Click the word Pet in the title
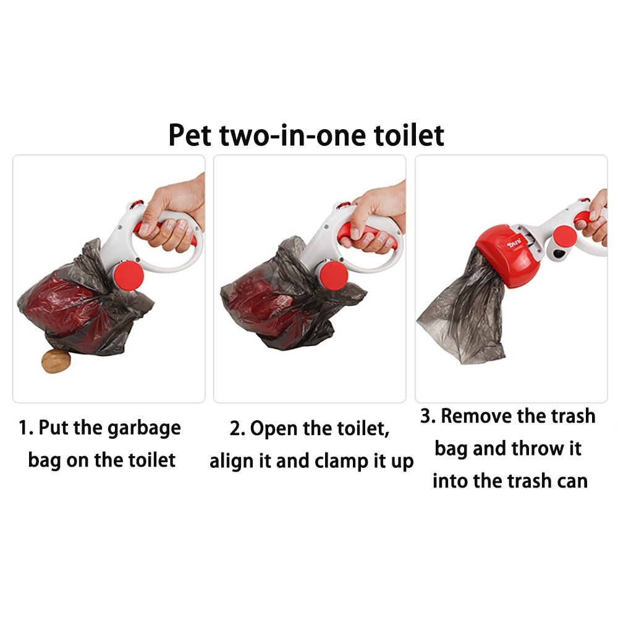pos(192,135)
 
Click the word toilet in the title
pos(408,135)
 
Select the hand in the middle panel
pos(374,216)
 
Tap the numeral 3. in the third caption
pos(428,416)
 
